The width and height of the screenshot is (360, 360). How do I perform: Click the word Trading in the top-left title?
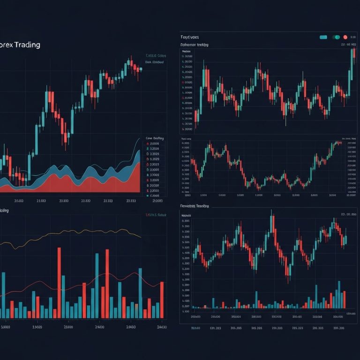[x=27, y=45]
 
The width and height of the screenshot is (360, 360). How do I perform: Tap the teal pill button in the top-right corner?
[x=322, y=37]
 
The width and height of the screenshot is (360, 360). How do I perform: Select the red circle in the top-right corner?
[x=345, y=37]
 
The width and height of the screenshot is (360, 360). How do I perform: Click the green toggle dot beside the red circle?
[x=336, y=37]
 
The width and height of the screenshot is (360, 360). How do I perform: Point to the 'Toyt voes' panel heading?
[x=189, y=37]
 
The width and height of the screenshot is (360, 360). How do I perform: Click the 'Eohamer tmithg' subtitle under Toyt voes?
[x=195, y=45]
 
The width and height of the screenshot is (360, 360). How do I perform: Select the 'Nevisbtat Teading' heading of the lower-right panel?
[x=195, y=206]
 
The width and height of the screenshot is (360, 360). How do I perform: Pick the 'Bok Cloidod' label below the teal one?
[x=154, y=62]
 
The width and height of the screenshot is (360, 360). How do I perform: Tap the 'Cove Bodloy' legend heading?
[x=155, y=139]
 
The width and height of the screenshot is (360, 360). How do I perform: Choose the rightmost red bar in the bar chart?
[x=162, y=300]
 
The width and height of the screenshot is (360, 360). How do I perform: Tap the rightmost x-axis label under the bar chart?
[x=161, y=327]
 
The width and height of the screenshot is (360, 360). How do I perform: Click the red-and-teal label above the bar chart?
[x=156, y=215]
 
